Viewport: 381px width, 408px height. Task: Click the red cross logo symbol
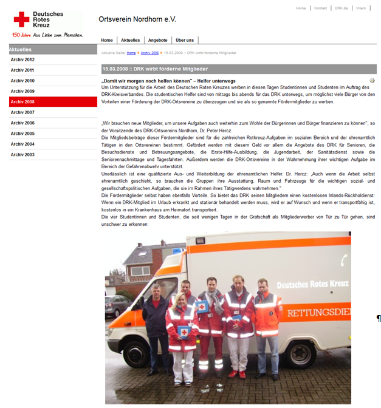coord(21,19)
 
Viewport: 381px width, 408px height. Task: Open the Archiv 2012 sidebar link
coord(22,59)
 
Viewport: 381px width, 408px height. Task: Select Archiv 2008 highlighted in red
coord(22,102)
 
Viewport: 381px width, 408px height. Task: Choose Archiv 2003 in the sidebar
coord(22,155)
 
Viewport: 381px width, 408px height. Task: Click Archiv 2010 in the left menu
coord(22,81)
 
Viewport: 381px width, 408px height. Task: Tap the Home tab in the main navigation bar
coord(107,40)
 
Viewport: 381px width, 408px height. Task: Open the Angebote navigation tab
coord(157,40)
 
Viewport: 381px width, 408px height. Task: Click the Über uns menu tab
coord(185,40)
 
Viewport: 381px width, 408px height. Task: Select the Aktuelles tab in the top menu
coord(130,40)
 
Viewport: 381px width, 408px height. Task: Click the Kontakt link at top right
coord(320,8)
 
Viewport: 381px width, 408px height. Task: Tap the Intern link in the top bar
coord(361,8)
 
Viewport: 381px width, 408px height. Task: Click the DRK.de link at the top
coord(341,8)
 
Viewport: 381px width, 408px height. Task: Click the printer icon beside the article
coord(372,80)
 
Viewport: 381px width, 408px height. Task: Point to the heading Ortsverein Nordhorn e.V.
coord(137,19)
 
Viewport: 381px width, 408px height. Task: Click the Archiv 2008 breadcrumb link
coord(149,53)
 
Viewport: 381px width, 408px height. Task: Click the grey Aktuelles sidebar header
coord(53,49)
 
